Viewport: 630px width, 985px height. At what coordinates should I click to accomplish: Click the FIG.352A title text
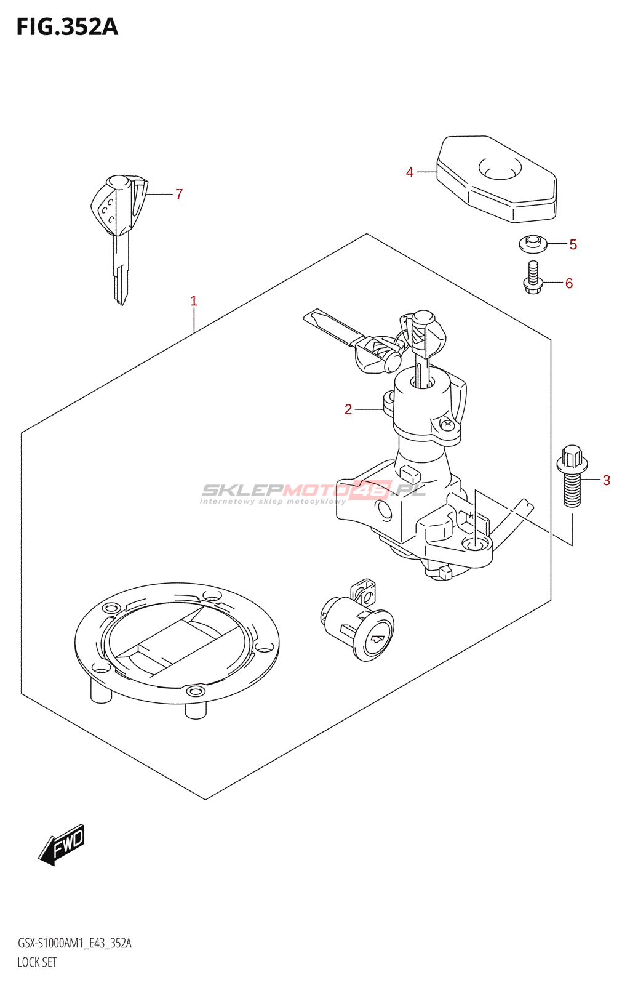tap(67, 27)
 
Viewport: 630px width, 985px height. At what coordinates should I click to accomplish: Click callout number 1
tap(194, 301)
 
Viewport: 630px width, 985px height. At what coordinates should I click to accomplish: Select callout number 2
tap(348, 409)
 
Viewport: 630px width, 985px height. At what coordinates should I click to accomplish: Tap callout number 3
tap(606, 480)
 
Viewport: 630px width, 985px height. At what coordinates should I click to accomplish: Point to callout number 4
tap(410, 172)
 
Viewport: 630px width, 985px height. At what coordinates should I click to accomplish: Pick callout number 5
tap(573, 245)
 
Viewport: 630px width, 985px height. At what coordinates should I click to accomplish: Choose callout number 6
tap(569, 283)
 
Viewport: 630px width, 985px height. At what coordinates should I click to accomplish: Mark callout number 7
tap(179, 195)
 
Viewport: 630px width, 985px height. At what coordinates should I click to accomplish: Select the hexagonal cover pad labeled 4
tap(497, 179)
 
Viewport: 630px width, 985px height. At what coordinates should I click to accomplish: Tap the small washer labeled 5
tap(532, 244)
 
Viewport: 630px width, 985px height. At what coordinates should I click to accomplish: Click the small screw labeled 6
tap(533, 278)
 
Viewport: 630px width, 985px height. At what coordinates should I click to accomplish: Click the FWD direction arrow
tap(62, 845)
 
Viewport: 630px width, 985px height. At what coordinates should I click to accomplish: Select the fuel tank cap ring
tap(177, 643)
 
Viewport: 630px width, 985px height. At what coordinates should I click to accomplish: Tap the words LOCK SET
tap(37, 962)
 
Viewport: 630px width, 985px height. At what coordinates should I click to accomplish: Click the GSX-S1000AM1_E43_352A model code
tap(74, 943)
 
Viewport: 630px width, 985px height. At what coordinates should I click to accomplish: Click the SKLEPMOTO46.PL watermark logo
tap(313, 491)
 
